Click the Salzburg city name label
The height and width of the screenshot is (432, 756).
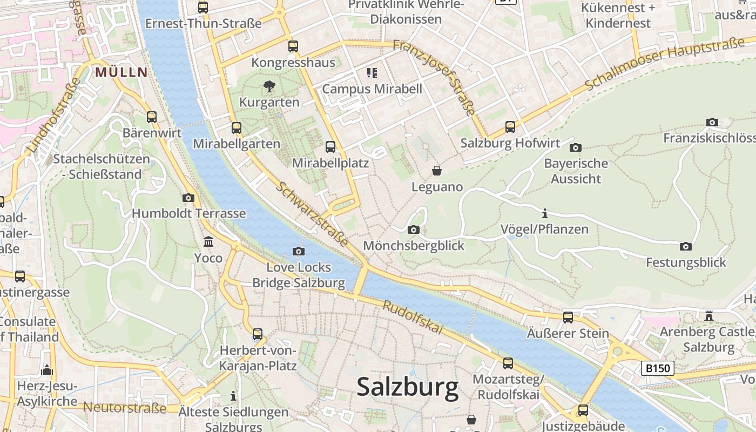pos(408,387)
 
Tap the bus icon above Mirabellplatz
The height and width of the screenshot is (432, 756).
pos(330,146)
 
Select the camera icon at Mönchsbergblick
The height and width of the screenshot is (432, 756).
pos(414,230)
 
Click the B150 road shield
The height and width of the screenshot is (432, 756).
pos(658,369)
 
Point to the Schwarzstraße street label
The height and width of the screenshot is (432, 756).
pos(313,214)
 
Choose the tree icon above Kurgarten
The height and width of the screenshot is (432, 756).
pos(269,86)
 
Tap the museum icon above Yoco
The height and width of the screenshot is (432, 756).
pos(208,241)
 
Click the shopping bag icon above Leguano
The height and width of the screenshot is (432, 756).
pos(437,171)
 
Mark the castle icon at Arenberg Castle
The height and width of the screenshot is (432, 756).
pos(709,315)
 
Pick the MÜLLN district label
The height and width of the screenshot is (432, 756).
pos(122,72)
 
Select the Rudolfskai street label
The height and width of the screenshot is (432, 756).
pos(413,317)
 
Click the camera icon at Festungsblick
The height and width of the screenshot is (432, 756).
pos(686,246)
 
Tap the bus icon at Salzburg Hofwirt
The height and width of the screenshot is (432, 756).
pos(510,127)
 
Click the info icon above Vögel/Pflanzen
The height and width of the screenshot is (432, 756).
pos(545,213)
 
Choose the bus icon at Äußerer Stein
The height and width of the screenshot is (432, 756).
pos(568,317)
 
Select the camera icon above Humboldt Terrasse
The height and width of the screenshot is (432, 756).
pos(188,198)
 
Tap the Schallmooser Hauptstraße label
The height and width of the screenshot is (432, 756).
pos(664,64)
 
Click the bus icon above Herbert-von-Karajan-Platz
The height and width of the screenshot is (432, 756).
pos(258,334)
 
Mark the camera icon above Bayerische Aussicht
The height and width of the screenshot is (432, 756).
pos(576,147)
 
